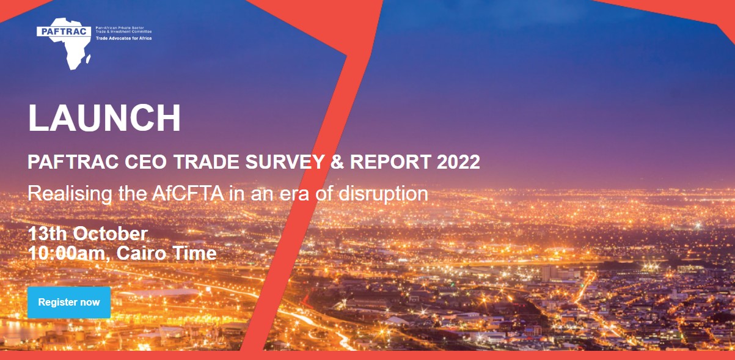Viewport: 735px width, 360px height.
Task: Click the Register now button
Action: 69,303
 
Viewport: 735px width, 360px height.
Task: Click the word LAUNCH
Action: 104,119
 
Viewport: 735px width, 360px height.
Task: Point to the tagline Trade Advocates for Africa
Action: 123,38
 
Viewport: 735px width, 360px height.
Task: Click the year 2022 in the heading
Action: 458,163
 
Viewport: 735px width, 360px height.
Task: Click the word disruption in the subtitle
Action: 382,194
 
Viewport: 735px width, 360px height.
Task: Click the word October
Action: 111,234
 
